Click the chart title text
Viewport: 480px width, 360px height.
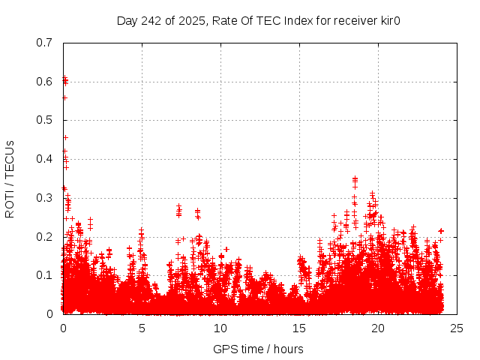click(x=259, y=20)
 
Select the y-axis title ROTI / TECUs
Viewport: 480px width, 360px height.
click(x=10, y=178)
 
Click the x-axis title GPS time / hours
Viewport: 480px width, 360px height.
click(x=258, y=349)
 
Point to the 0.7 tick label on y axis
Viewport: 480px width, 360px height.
click(x=44, y=43)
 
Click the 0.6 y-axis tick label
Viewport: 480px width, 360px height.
click(x=44, y=82)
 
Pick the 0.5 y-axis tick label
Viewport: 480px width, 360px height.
click(x=44, y=120)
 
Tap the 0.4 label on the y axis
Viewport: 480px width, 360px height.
click(x=44, y=159)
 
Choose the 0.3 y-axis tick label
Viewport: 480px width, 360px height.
click(x=44, y=198)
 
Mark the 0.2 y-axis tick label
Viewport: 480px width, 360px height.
click(x=44, y=237)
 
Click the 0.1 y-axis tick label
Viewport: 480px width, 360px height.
click(x=44, y=275)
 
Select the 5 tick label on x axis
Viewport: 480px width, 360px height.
click(x=142, y=328)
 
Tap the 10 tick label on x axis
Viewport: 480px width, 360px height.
click(x=220, y=328)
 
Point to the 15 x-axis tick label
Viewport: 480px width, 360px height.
click(x=299, y=328)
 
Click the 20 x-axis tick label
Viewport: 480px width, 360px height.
click(x=378, y=328)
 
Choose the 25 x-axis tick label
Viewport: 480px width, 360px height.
click(x=457, y=328)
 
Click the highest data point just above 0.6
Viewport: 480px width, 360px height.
click(x=64, y=77)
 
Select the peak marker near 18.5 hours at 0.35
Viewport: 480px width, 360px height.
click(x=355, y=178)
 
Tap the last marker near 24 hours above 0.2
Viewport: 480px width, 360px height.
click(x=441, y=231)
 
